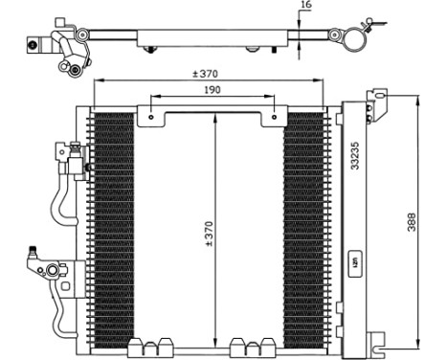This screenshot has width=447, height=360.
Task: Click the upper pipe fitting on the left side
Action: pyautogui.click(x=69, y=150)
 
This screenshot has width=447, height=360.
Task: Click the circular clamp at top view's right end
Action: pyautogui.click(x=356, y=40)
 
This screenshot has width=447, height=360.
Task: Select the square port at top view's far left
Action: pyautogui.click(x=34, y=43)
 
